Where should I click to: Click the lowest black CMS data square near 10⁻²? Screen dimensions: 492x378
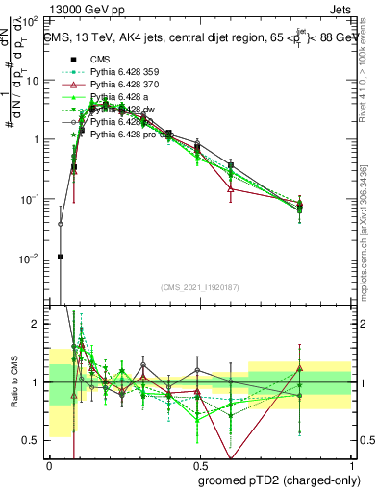(61, 257)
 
